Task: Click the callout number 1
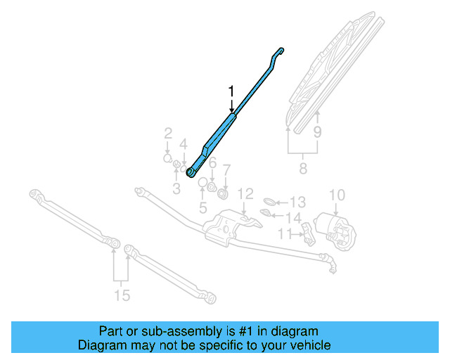231,91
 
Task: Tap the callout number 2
168,132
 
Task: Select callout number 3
176,188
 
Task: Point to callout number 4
184,145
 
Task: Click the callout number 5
203,207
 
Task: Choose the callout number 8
303,169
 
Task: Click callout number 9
317,131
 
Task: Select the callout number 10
337,195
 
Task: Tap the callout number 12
244,193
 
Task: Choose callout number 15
122,295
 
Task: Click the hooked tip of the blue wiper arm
280,51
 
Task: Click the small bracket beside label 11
308,231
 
